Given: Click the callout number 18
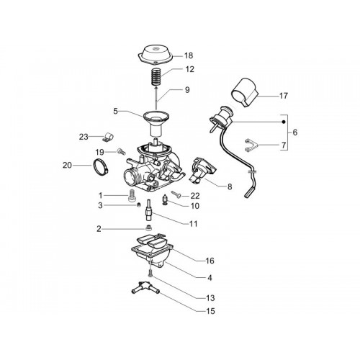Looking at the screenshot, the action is coord(189,55).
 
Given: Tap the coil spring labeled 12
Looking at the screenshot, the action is coord(156,76).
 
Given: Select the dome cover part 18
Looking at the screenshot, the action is coord(156,55).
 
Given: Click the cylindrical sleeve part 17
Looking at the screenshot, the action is coord(245,92).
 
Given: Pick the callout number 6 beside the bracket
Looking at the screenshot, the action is coord(295,132).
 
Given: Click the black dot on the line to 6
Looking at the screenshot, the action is coord(284,122).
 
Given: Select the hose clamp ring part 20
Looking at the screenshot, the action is coord(99,167).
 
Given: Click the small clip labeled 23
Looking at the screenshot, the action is coord(107,137).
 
